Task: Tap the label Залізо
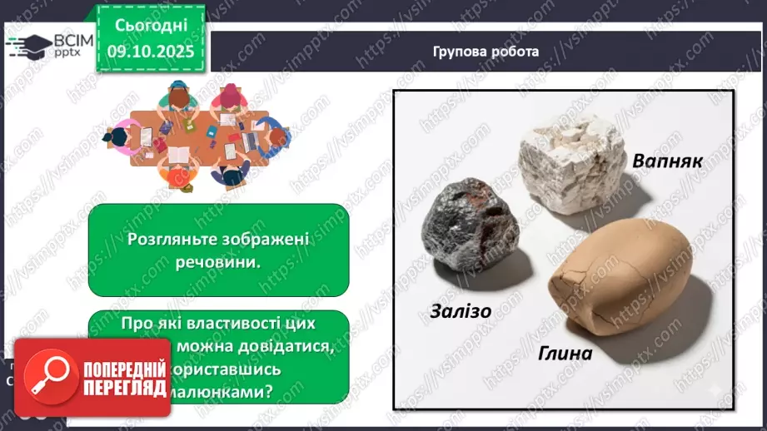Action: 461,311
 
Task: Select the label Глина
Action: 558,353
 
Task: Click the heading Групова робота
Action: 486,52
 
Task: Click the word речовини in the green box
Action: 218,260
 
